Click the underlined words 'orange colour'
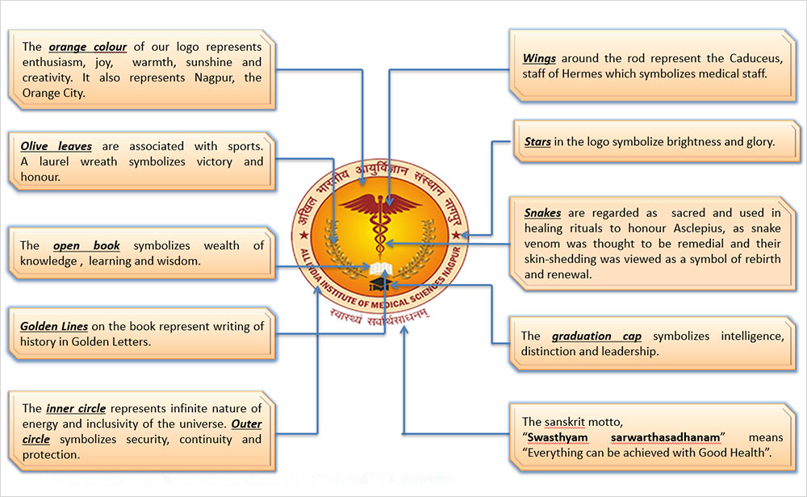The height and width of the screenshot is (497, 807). pos(87,47)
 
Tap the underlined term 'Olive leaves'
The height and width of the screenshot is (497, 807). pos(56,146)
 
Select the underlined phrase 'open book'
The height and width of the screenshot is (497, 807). pos(86,245)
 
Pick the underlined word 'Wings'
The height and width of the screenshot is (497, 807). pos(538,58)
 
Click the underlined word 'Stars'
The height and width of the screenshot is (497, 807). pos(537,142)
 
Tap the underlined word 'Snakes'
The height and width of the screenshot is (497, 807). pos(542,213)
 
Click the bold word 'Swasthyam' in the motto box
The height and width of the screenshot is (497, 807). pos(562,437)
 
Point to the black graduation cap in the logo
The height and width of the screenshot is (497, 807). pos(378,284)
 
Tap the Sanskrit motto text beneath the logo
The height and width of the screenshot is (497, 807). pos(379,316)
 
